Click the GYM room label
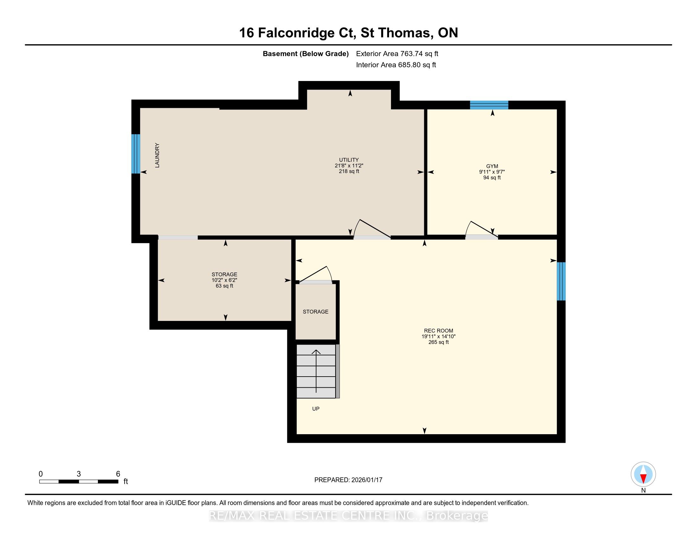(492, 166)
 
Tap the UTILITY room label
(349, 160)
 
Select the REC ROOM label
(438, 331)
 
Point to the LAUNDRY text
(157, 155)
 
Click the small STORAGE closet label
(316, 312)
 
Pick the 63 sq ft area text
(224, 286)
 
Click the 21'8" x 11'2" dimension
(349, 166)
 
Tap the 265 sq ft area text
(438, 342)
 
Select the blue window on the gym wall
(489, 105)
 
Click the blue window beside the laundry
(136, 153)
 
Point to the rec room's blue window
(561, 281)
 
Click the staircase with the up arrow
(318, 371)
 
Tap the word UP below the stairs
(316, 409)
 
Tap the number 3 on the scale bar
(79, 474)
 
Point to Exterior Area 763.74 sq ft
(397, 53)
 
